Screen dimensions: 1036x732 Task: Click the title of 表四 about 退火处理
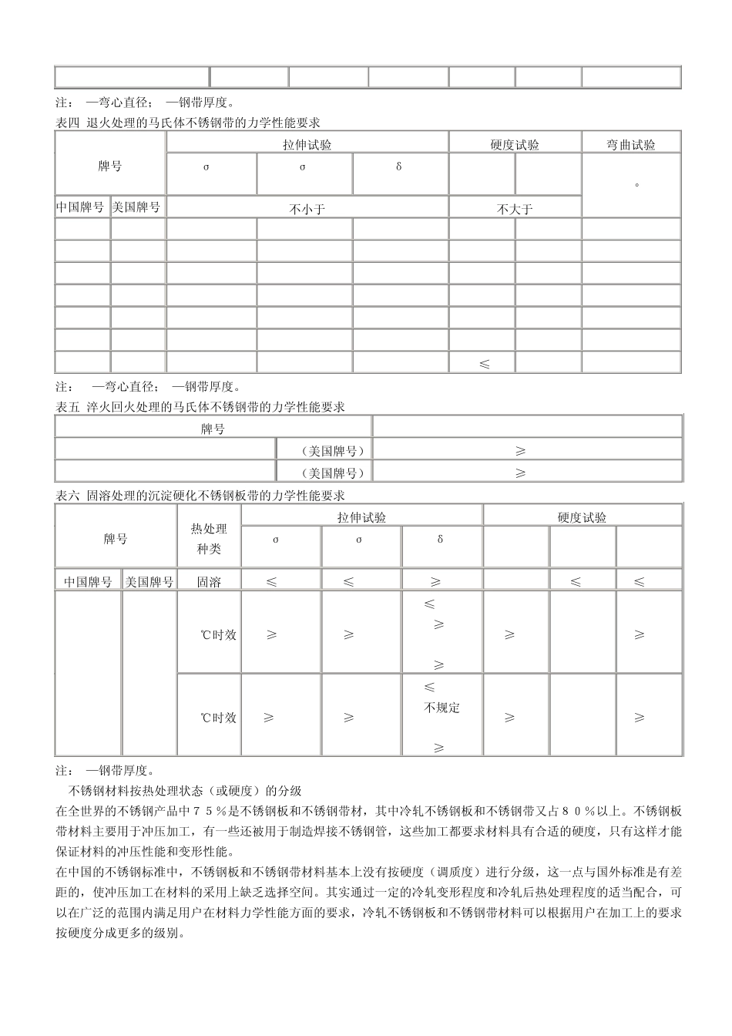(188, 122)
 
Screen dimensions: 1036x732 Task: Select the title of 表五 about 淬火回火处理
(200, 406)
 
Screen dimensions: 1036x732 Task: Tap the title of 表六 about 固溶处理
(200, 495)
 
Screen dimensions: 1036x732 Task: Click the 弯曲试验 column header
(631, 144)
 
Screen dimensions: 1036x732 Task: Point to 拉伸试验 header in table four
(307, 144)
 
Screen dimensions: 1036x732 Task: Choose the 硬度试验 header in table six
(582, 517)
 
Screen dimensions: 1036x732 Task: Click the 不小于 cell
(307, 209)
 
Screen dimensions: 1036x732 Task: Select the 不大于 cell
(515, 209)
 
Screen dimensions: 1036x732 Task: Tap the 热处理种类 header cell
(209, 539)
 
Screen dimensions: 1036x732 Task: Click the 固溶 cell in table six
(209, 582)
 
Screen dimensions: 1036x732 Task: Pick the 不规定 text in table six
(442, 707)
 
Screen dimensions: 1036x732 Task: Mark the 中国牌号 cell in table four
(82, 207)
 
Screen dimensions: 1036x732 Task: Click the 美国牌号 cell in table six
(149, 582)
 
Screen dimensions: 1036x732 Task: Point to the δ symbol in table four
(398, 166)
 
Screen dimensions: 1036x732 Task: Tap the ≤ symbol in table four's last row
(484, 364)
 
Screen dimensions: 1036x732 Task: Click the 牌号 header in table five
(213, 429)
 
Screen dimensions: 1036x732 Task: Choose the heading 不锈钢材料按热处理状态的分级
(185, 790)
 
